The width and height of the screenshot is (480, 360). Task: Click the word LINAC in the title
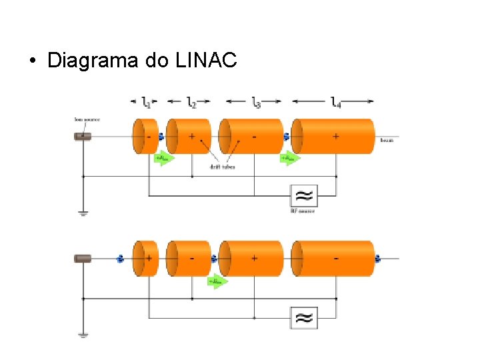206,61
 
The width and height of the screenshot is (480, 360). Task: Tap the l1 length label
146,101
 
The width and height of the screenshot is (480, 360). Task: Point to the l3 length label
256,101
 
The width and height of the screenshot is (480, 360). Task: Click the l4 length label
335,101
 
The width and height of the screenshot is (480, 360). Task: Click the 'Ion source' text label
87,120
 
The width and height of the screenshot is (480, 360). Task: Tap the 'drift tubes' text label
222,167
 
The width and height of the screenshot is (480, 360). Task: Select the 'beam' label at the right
386,140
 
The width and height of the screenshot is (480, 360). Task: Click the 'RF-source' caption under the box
303,211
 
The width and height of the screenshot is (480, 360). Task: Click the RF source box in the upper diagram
303,196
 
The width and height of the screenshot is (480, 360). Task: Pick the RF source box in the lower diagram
303,317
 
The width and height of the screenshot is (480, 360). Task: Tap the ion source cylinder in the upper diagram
83,137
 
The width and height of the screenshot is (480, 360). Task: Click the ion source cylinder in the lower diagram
83,259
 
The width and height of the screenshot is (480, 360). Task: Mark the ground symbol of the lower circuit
83,335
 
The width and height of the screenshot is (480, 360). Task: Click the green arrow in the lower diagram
217,281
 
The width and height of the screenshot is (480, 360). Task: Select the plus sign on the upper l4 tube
335,136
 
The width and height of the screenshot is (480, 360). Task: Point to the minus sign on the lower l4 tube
335,258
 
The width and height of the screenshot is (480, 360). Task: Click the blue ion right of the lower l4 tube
378,259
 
